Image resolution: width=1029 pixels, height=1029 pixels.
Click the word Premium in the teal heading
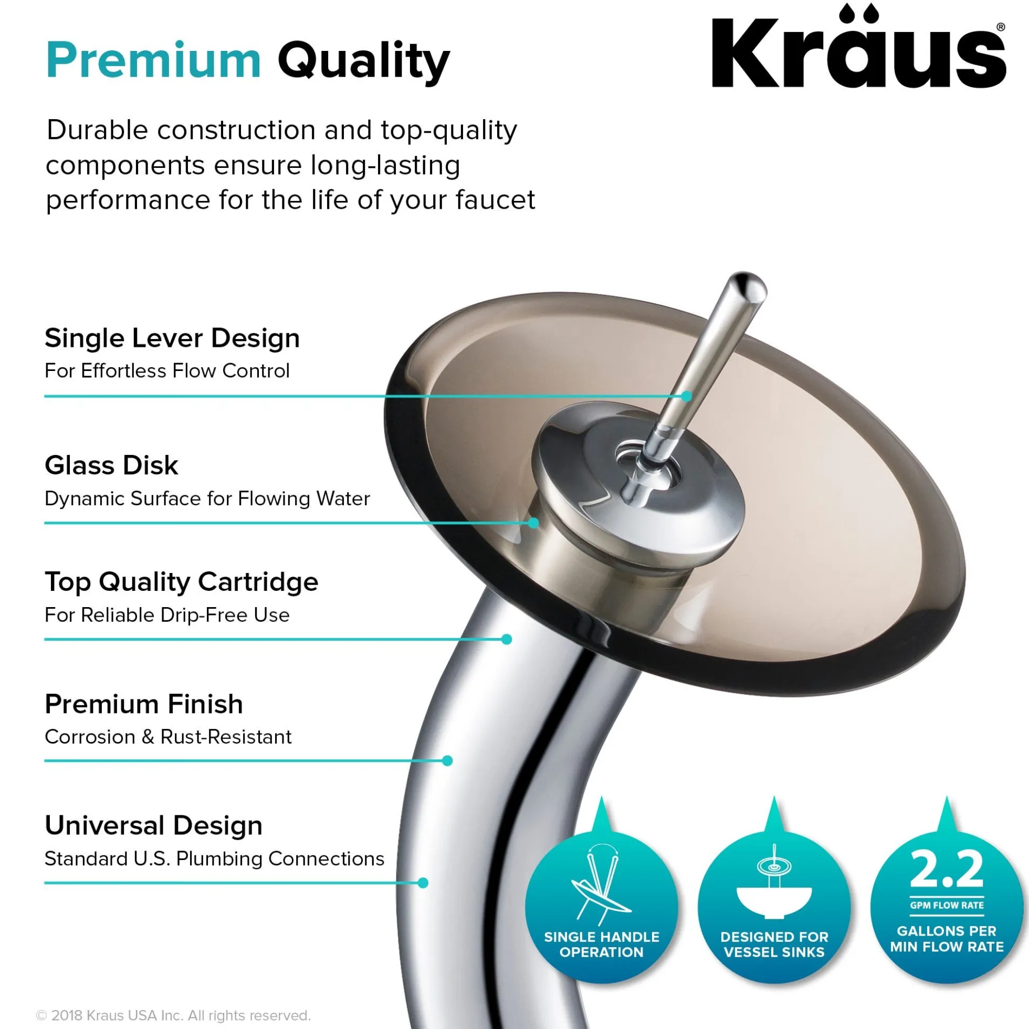tap(153, 60)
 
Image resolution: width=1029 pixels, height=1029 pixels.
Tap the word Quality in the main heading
tap(364, 63)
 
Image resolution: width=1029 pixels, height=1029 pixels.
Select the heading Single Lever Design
tap(172, 338)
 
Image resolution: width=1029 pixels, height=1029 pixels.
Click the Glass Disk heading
tap(111, 465)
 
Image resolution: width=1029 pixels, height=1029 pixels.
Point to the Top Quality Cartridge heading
tap(181, 582)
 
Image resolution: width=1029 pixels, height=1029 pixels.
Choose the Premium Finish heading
tap(144, 704)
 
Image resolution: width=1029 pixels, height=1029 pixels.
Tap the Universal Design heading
tap(153, 826)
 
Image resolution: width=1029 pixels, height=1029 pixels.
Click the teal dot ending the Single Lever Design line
tap(686, 396)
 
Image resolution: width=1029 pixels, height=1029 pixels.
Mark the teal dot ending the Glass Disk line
tap(533, 523)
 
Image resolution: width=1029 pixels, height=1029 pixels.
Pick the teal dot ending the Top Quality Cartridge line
tap(507, 639)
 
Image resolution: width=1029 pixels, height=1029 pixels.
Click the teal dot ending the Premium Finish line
tap(448, 761)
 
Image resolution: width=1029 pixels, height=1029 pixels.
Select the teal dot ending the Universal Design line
tap(423, 883)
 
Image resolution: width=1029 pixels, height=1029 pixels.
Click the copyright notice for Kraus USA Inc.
tap(173, 1015)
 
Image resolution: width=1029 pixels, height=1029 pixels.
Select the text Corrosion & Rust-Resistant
tap(168, 737)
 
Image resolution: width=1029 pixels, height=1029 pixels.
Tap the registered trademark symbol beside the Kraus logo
tap(1000, 27)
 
